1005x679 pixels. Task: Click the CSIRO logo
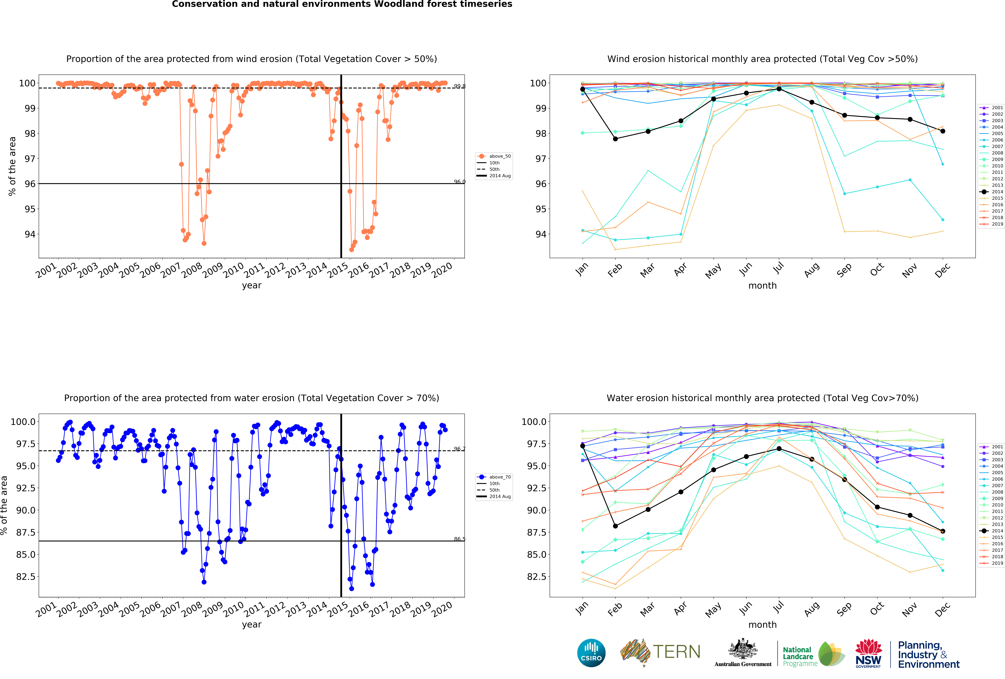(591, 653)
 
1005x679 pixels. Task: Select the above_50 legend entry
(499, 156)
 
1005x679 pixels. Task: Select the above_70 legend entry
(499, 477)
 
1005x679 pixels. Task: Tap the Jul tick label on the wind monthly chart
(778, 269)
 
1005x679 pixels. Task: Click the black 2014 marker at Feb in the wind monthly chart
(615, 139)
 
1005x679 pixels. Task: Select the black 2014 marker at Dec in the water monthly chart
(943, 531)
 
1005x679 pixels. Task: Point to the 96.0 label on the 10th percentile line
(459, 182)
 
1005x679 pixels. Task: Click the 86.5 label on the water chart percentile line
(459, 539)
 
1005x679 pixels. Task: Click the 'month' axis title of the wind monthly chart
(762, 285)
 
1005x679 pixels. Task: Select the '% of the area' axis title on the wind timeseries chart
(12, 166)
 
